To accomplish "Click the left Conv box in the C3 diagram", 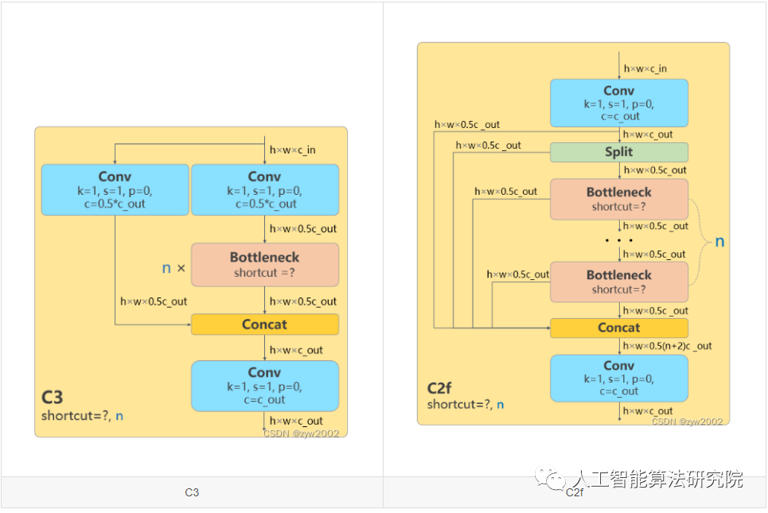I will pyautogui.click(x=115, y=189).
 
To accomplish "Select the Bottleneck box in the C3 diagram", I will pyautogui.click(x=264, y=265).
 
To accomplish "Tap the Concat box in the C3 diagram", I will pyautogui.click(x=264, y=325).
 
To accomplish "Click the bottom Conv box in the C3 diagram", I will pyautogui.click(x=264, y=386).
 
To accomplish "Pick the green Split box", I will pyautogui.click(x=618, y=152).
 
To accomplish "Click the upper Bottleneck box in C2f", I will pyautogui.click(x=618, y=199).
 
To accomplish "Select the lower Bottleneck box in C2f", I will pyautogui.click(x=618, y=282).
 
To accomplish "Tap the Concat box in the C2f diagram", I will pyautogui.click(x=618, y=328).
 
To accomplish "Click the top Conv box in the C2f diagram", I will pyautogui.click(x=618, y=103).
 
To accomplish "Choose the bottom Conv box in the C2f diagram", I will pyautogui.click(x=618, y=378).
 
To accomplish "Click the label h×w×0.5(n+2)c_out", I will pyautogui.click(x=668, y=346).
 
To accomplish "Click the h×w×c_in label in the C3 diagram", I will pyautogui.click(x=293, y=150).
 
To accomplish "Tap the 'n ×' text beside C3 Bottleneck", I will pyautogui.click(x=173, y=268).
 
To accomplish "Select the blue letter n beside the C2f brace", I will pyautogui.click(x=719, y=241).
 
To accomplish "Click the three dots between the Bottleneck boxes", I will pyautogui.click(x=618, y=240).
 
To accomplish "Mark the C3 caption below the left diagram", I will pyautogui.click(x=192, y=492).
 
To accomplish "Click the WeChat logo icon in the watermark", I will pyautogui.click(x=549, y=479).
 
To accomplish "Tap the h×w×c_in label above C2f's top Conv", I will pyautogui.click(x=645, y=69).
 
